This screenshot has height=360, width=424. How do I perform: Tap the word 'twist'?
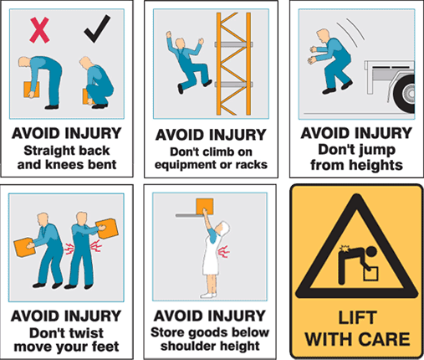(94, 331)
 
